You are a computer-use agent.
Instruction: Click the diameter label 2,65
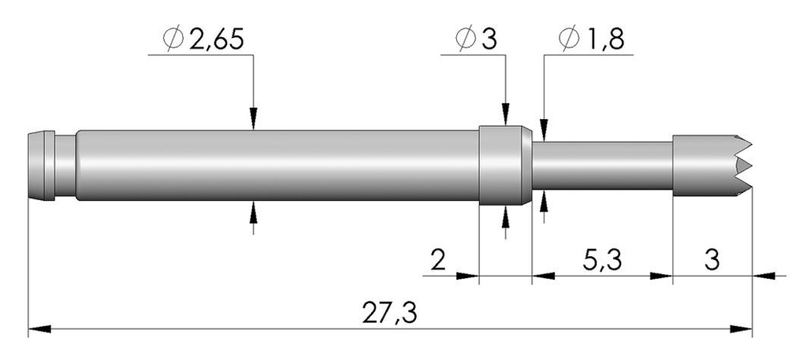click(x=216, y=39)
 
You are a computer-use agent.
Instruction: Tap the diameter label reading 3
click(x=489, y=39)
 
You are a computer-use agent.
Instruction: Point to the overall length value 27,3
click(x=389, y=313)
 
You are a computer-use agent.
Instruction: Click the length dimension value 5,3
click(x=602, y=261)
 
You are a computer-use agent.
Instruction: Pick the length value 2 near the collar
click(x=438, y=261)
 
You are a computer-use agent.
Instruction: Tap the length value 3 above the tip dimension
click(x=712, y=261)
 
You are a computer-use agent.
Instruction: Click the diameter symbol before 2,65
click(x=173, y=39)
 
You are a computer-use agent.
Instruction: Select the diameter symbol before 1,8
click(x=569, y=39)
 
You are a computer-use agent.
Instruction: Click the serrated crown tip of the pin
click(x=712, y=165)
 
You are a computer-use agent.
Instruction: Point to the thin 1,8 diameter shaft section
click(x=602, y=165)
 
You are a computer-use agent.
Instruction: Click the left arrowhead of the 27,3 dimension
click(x=39, y=328)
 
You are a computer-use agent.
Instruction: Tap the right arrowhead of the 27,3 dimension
click(x=741, y=328)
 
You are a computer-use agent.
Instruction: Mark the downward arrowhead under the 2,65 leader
click(x=253, y=119)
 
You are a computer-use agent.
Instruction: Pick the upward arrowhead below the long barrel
click(x=253, y=212)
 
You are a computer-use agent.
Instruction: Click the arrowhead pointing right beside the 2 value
click(x=467, y=276)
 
